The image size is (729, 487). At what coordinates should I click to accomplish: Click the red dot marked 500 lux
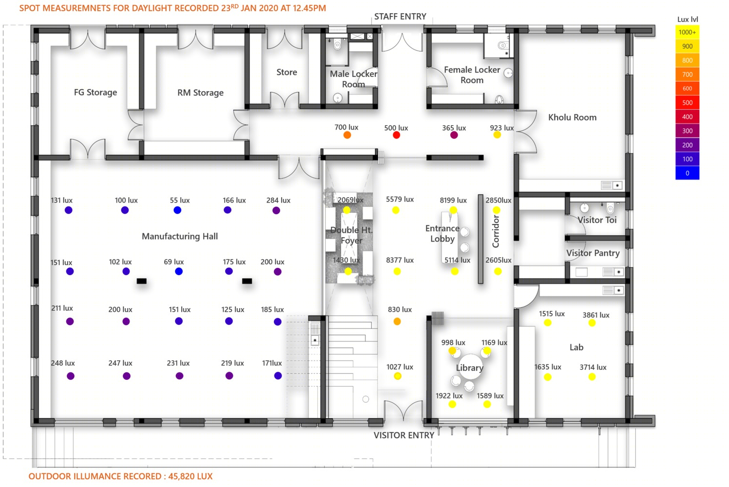point(396,135)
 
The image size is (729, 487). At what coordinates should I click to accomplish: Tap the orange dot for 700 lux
point(347,135)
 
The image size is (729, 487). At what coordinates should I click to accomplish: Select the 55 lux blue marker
point(177,210)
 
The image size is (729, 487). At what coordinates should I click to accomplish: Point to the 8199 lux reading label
point(453,200)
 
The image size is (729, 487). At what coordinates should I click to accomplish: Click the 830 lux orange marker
point(397,321)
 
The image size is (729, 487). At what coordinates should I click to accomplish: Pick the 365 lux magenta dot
point(454,135)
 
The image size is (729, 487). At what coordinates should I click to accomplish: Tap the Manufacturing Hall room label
point(180,237)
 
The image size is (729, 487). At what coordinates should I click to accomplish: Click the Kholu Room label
point(572,117)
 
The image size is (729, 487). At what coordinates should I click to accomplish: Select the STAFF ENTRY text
point(400,17)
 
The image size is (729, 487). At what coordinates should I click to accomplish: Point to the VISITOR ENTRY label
point(404,435)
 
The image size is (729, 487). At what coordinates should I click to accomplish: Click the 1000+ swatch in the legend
point(687,33)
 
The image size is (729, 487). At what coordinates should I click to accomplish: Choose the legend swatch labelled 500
point(687,103)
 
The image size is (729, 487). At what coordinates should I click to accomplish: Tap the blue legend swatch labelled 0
point(687,173)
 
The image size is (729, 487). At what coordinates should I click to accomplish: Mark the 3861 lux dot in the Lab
point(592,323)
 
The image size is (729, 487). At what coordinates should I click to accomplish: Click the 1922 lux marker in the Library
point(452,404)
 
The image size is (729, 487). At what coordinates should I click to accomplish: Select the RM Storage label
point(200,93)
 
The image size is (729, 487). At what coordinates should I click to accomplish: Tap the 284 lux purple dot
point(276,210)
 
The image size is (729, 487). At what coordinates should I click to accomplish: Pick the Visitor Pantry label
point(593,253)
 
